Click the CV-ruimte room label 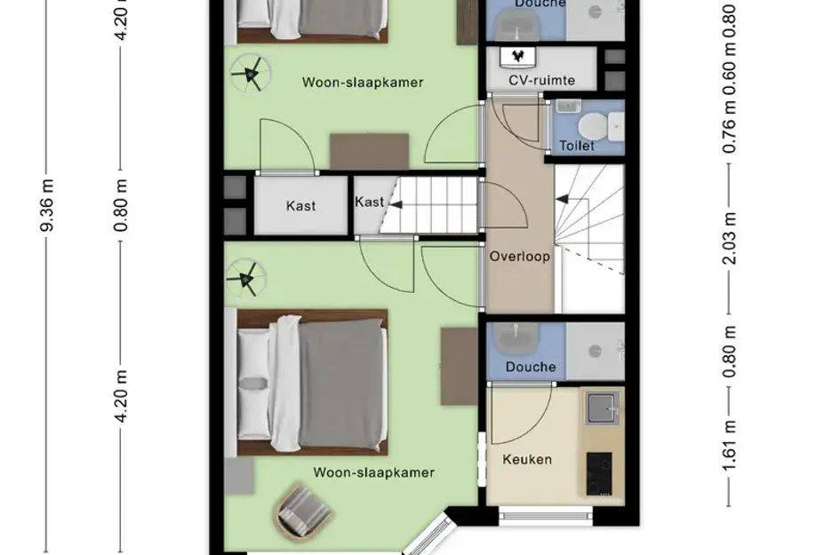click(541, 81)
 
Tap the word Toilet click(576, 146)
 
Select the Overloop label click(519, 257)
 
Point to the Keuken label click(527, 459)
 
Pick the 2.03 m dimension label click(730, 238)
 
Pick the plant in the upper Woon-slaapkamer click(248, 75)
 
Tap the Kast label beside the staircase click(369, 202)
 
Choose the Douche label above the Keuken click(531, 367)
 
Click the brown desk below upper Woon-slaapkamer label click(369, 150)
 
